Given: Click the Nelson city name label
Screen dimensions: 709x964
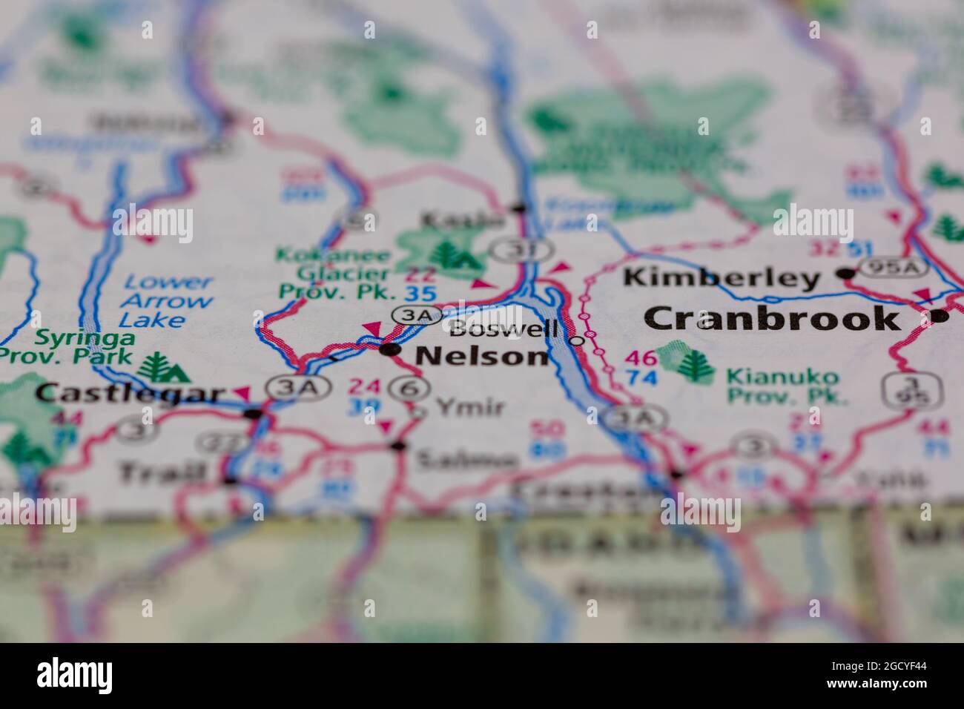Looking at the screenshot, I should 482,357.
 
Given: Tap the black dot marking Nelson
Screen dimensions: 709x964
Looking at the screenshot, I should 390,349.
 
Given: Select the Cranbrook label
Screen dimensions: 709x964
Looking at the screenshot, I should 771,319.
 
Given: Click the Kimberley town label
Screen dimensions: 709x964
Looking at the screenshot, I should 722,278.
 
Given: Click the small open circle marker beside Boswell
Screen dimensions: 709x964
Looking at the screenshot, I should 578,341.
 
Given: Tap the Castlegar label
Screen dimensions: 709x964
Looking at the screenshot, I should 130,393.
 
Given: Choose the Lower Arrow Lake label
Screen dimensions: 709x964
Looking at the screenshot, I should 166,301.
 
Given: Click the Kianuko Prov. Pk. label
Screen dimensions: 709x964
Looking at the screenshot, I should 786,386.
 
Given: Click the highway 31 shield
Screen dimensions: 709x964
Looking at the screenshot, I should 513,249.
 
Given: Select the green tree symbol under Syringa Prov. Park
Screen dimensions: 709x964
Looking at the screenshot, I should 156,367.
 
